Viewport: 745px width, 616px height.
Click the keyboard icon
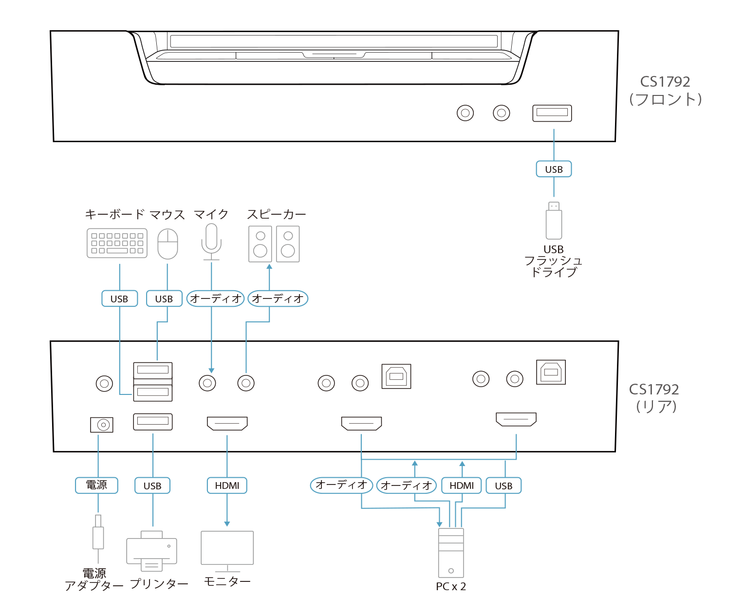(117, 243)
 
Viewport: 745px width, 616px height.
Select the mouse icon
(168, 243)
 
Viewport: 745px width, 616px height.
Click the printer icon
(151, 550)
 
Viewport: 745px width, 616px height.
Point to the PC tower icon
(451, 553)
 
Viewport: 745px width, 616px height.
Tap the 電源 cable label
(96, 485)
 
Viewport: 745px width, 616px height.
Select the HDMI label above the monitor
(227, 485)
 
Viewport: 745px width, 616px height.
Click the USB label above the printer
(152, 485)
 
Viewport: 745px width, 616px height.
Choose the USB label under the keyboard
(119, 299)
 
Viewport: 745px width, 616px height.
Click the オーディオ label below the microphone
(215, 299)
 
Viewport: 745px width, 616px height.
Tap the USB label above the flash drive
(554, 169)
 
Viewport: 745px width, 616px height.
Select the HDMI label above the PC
(461, 485)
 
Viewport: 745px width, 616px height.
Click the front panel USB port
(552, 113)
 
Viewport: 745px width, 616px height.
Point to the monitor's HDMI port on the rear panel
(227, 423)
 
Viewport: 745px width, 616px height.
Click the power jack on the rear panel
(102, 425)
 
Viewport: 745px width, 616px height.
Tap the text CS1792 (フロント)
(665, 91)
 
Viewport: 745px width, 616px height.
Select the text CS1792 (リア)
(654, 398)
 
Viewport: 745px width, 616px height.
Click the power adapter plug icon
(98, 536)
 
